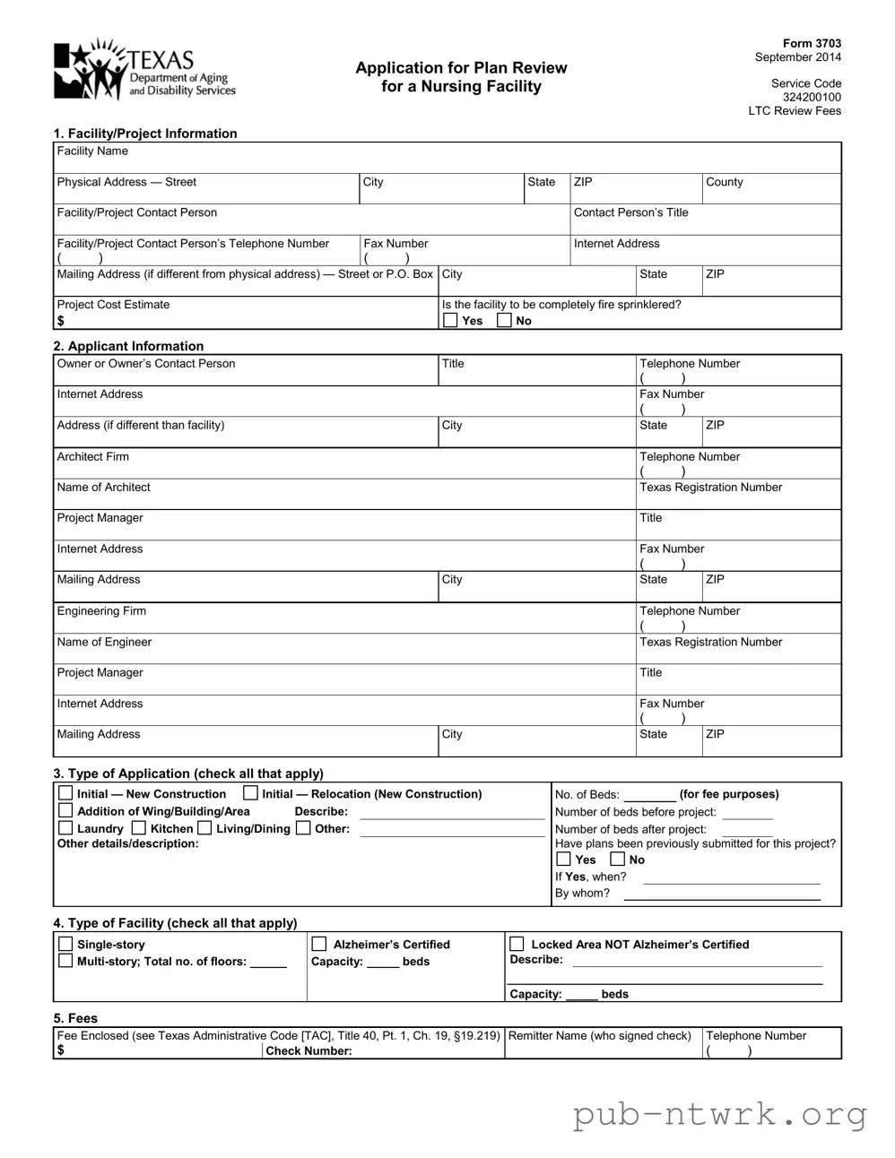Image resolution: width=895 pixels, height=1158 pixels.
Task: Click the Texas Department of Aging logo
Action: point(144,69)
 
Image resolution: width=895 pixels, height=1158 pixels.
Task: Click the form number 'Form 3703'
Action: point(812,43)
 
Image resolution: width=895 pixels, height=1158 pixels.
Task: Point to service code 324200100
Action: point(812,97)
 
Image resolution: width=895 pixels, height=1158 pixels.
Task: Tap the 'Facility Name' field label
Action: point(92,151)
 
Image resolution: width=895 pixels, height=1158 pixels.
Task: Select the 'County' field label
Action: point(724,182)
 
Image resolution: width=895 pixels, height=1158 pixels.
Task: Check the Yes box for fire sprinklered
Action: point(450,320)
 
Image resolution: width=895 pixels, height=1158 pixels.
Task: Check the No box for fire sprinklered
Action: point(504,320)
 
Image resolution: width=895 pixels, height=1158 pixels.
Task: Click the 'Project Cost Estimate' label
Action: point(113,305)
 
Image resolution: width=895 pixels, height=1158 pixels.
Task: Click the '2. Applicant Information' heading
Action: point(128,346)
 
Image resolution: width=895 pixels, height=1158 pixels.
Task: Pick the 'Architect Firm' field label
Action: point(92,457)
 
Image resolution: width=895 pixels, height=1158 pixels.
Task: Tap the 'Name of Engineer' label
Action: point(104,643)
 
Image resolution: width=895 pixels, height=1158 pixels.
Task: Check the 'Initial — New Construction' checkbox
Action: point(65,793)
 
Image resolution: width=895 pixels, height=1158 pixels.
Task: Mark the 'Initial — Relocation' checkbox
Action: point(251,793)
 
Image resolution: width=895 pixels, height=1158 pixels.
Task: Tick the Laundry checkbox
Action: point(65,828)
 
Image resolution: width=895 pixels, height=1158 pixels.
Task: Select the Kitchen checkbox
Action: point(138,828)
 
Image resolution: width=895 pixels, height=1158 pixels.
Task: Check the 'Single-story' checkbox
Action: point(65,944)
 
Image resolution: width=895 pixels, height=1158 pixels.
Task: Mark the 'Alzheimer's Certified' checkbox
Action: point(318,944)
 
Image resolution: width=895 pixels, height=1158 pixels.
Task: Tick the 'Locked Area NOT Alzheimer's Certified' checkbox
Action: point(517,944)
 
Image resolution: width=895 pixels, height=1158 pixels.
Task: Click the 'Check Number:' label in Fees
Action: point(308,1051)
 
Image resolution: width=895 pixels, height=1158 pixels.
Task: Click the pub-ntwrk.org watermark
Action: point(720,1115)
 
